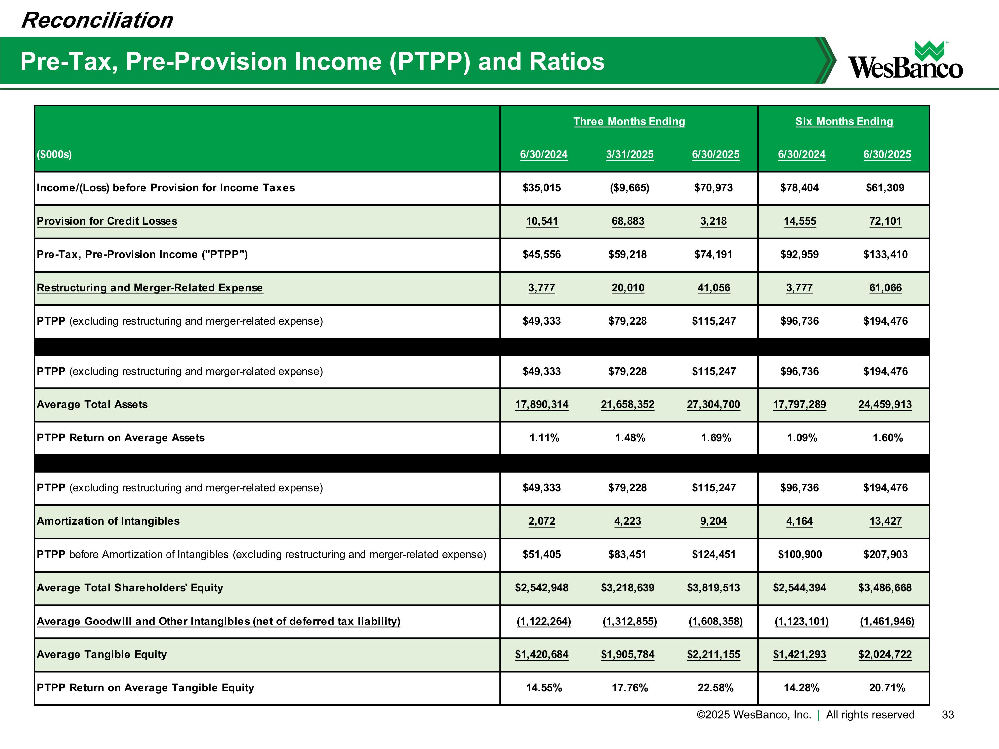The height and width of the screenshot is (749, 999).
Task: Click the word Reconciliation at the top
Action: pyautogui.click(x=97, y=20)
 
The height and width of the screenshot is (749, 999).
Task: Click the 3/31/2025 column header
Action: pyautogui.click(x=630, y=154)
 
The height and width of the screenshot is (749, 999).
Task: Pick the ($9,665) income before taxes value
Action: pyautogui.click(x=630, y=188)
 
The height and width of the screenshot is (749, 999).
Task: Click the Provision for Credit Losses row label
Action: pyautogui.click(x=107, y=221)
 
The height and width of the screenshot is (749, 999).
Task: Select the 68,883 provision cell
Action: pyautogui.click(x=628, y=221)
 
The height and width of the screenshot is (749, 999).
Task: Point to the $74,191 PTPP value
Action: pyautogui.click(x=713, y=255)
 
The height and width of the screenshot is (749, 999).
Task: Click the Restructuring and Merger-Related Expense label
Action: pyautogui.click(x=150, y=288)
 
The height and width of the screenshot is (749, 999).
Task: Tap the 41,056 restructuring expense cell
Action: pyautogui.click(x=714, y=288)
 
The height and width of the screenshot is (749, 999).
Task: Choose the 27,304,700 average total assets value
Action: pyautogui.click(x=714, y=404)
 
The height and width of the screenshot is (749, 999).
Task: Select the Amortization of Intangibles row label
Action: pyautogui.click(x=108, y=521)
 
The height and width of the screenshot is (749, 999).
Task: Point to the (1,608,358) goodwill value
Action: pyautogui.click(x=715, y=621)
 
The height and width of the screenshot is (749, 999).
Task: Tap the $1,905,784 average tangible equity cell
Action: pyautogui.click(x=628, y=655)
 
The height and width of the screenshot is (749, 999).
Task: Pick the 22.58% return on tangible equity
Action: pyautogui.click(x=715, y=688)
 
